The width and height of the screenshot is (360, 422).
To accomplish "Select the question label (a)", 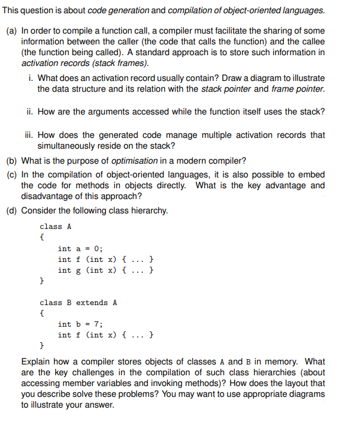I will pyautogui.click(x=11, y=31).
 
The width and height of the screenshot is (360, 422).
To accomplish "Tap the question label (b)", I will pyautogui.click(x=11, y=161).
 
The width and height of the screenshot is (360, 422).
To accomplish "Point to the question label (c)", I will pyautogui.click(x=11, y=174).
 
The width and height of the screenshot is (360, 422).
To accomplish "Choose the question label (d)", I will pyautogui.click(x=11, y=210).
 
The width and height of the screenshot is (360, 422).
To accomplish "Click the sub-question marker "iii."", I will pyautogui.click(x=33, y=135).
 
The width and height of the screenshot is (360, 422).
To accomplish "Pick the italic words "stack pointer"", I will pyautogui.click(x=226, y=89).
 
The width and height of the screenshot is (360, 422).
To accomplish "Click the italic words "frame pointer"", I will pyautogui.click(x=298, y=89).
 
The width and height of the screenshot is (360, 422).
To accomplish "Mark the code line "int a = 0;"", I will pyautogui.click(x=80, y=249).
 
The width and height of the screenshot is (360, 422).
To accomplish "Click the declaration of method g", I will pyautogui.click(x=108, y=270).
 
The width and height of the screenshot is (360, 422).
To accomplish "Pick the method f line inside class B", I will pyautogui.click(x=108, y=335).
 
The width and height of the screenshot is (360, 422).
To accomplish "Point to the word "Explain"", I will pyautogui.click(x=37, y=361).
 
